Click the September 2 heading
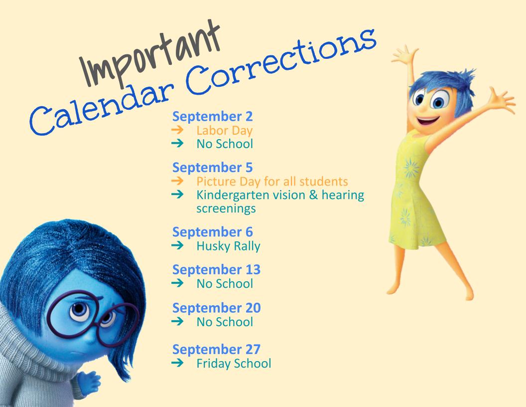pos(212,117)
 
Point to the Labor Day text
pos(225,130)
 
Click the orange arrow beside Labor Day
pos(177,130)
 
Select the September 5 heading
pos(212,168)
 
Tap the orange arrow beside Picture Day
pos(177,181)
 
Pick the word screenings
pos(226,208)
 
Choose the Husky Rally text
pos(229,246)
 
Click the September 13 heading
pos(216,270)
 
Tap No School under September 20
pos(225,322)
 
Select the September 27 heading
pos(216,350)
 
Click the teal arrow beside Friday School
pos(177,363)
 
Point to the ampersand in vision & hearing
pos(313,195)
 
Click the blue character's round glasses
pos(93,318)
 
